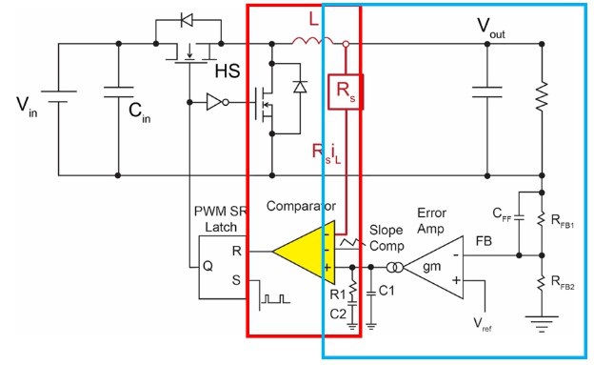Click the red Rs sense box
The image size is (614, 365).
pos(346,91)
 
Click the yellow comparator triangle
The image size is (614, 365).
pos(309,253)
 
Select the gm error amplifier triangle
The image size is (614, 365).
pos(433,267)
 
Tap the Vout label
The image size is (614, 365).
pos(491,28)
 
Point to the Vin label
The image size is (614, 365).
pos(27,107)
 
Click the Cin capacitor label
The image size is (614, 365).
pos(139,112)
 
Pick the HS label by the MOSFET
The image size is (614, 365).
pos(228,71)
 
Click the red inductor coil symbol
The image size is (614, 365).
pos(312,41)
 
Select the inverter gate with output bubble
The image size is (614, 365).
pos(217,102)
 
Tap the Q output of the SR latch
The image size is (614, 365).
pos(208,266)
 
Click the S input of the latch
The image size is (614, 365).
pos(236,280)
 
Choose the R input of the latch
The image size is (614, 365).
pos(236,251)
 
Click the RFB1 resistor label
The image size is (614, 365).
pos(563,221)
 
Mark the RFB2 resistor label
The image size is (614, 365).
pos(563,282)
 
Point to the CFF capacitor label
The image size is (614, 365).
pos(502,214)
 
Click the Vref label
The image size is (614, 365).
pos(483,325)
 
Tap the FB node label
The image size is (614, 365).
pos(484,241)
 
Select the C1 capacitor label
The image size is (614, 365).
pos(386,291)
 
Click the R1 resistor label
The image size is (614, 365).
pos(338,294)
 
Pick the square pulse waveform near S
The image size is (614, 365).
pos(276,298)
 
